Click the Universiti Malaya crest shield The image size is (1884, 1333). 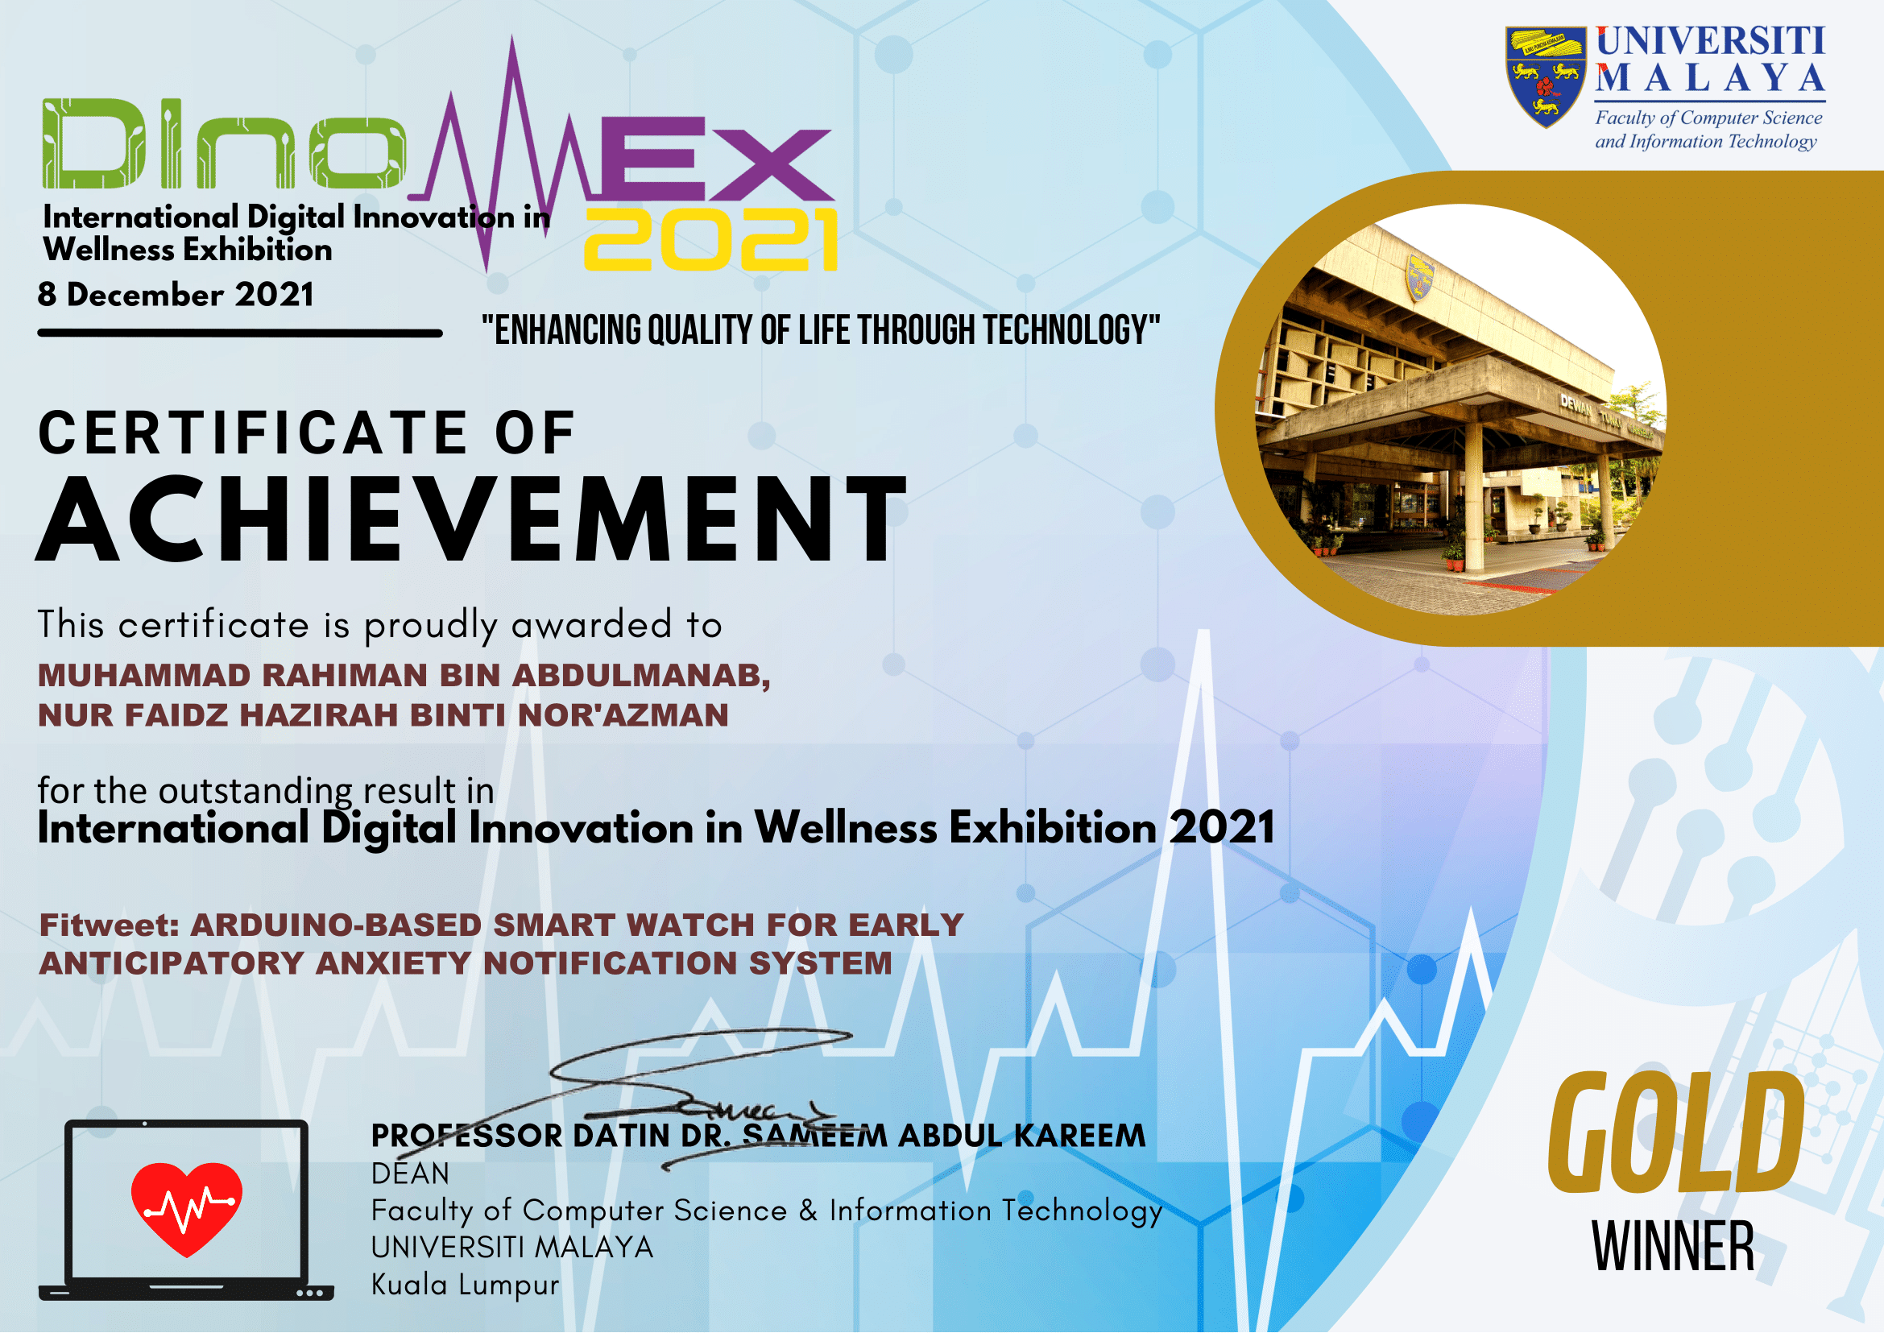tap(1545, 77)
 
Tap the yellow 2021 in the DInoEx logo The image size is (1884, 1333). tap(711, 239)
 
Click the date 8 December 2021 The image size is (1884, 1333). tap(176, 295)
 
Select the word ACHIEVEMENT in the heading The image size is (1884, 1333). tap(472, 520)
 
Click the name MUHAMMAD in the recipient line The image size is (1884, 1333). tap(144, 676)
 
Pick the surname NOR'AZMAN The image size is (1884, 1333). tap(623, 715)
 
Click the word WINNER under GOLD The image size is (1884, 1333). tap(1673, 1246)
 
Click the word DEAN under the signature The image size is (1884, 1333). tap(411, 1174)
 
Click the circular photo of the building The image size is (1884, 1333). tap(1461, 410)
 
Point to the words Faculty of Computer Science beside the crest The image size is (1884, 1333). tap(1708, 118)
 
